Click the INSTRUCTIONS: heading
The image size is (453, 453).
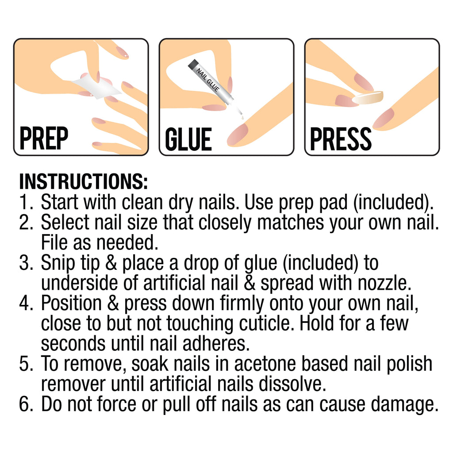coord(83,181)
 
